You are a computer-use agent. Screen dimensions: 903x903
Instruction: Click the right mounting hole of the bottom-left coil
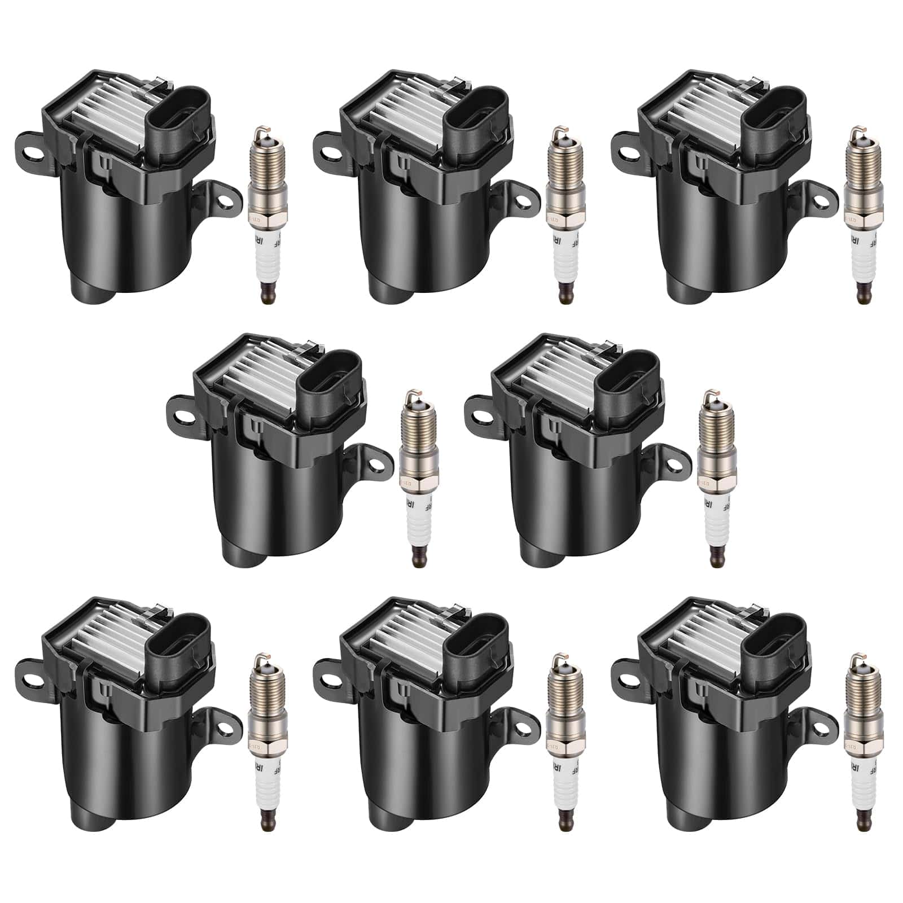(x=225, y=722)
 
